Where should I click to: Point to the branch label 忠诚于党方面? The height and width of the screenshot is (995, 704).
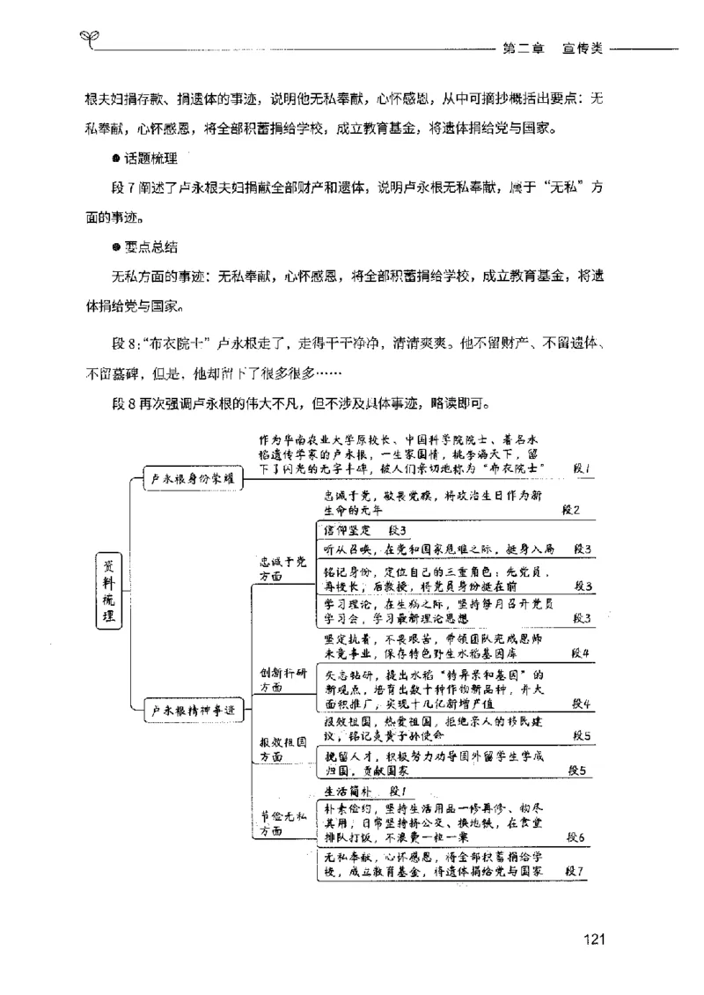click(x=270, y=568)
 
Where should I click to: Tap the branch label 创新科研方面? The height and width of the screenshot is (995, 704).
click(x=270, y=681)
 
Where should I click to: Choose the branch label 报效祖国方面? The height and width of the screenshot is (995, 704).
click(x=270, y=749)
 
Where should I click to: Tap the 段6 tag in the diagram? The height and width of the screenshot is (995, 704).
click(x=576, y=837)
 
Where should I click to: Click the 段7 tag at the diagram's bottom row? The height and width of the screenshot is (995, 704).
click(x=575, y=871)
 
